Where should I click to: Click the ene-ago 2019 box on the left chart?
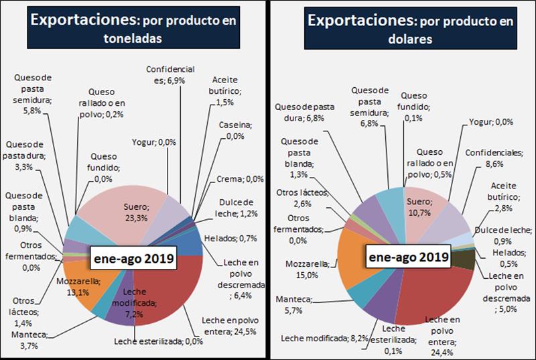point(133,257)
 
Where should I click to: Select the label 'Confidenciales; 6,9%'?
point(170,74)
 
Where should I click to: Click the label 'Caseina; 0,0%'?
point(235,130)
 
